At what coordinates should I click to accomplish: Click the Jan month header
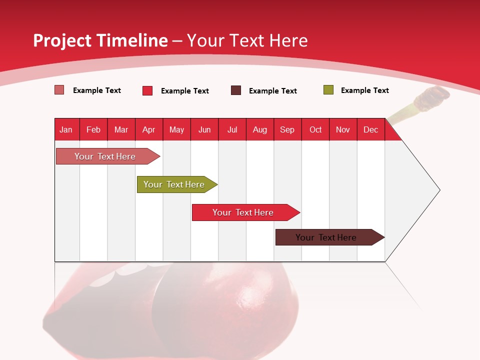[x=66, y=129]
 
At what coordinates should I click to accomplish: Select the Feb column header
[x=93, y=129]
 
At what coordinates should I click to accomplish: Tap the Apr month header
[x=148, y=129]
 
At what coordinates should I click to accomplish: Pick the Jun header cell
[x=204, y=129]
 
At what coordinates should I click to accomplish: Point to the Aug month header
[x=259, y=129]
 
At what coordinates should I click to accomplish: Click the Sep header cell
[x=287, y=129]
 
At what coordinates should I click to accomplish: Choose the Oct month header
[x=315, y=129]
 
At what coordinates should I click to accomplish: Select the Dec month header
[x=370, y=129]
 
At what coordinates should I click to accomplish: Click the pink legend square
[x=59, y=90]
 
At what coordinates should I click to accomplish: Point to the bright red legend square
[x=147, y=90]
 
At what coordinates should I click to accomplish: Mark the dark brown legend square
[x=236, y=90]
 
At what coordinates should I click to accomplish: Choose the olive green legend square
[x=328, y=90]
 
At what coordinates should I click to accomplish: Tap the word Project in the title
[x=62, y=40]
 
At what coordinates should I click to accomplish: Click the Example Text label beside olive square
[x=364, y=90]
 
